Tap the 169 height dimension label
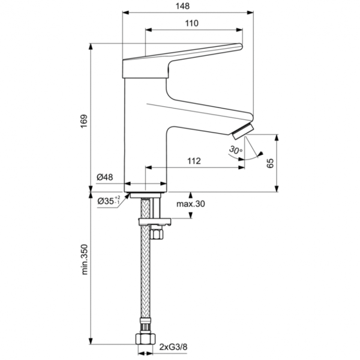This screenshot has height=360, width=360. tap(84, 120)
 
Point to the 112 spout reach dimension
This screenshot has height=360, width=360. tap(193, 161)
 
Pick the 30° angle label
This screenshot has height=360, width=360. tap(235, 150)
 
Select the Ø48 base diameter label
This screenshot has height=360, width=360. tap(105, 178)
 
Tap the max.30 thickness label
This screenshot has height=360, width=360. tap(191, 205)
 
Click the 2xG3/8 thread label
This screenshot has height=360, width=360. tap(173, 347)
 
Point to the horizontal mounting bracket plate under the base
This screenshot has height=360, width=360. tap(155, 223)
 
